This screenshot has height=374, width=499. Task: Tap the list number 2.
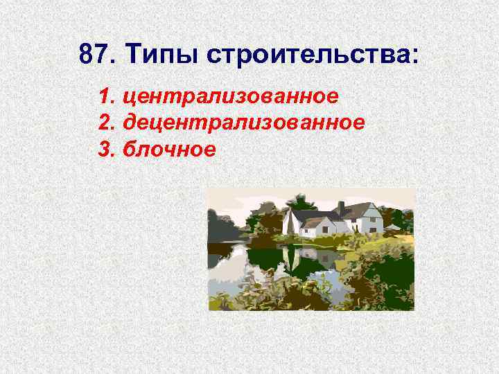(x=106, y=123)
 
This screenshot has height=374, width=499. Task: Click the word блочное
(x=169, y=150)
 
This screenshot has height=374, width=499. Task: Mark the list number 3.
(x=106, y=150)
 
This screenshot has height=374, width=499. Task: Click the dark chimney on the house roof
(x=341, y=208)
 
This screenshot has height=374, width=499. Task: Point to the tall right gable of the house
(x=370, y=218)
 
